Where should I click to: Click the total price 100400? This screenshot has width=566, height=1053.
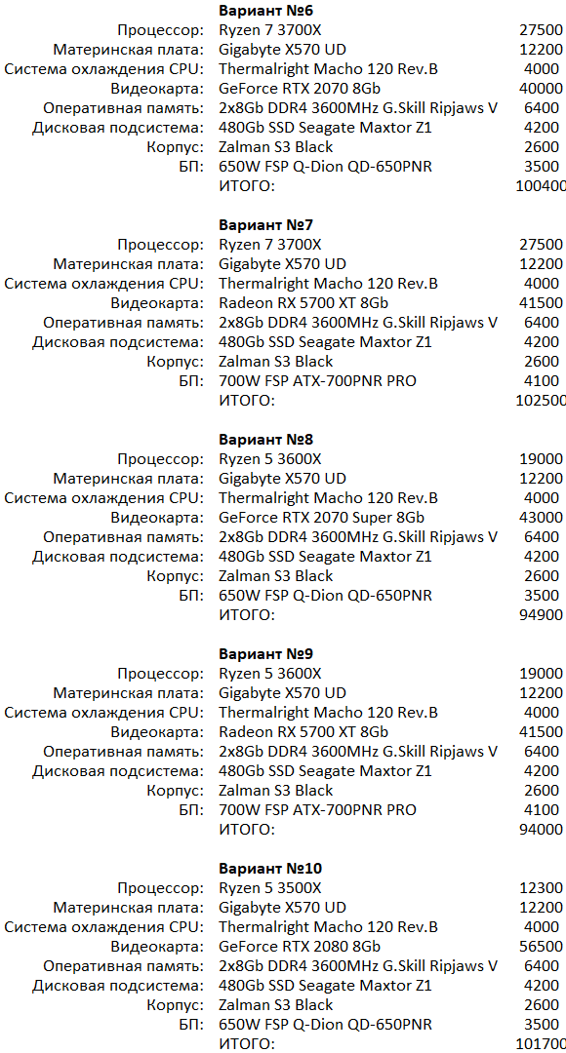(x=540, y=186)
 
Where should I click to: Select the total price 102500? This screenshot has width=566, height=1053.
(x=540, y=401)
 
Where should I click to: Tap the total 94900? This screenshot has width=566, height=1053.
(x=543, y=615)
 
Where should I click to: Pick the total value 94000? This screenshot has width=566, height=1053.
(x=543, y=830)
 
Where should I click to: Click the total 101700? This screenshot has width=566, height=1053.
(x=540, y=1044)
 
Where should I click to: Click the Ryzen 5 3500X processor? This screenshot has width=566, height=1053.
(x=270, y=888)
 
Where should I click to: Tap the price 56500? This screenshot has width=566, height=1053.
(x=543, y=947)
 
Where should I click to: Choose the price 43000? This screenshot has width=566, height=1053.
(x=543, y=518)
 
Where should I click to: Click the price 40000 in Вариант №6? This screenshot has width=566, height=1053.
(x=543, y=89)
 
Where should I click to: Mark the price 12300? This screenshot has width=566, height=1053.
(x=543, y=888)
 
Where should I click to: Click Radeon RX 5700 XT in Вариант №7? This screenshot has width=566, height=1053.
(x=303, y=303)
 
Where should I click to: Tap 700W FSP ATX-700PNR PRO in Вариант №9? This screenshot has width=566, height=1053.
(x=317, y=810)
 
